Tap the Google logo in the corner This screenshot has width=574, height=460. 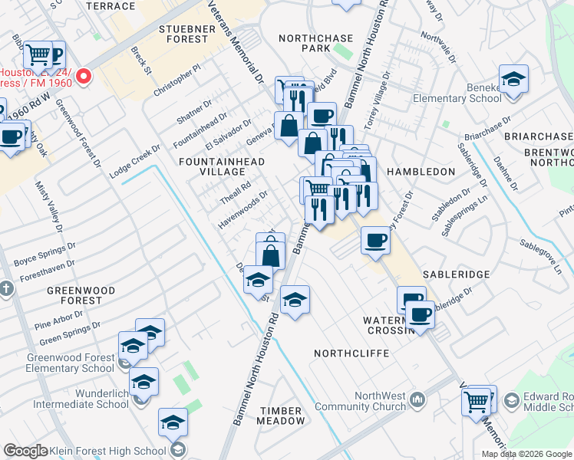25,452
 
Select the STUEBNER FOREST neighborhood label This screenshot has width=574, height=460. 173,33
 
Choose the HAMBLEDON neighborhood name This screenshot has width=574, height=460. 421,172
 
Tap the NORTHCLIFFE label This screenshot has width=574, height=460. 351,353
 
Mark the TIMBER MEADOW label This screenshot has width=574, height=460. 281,416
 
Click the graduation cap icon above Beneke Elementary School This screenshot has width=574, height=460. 513,79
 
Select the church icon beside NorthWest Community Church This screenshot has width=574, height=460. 417,399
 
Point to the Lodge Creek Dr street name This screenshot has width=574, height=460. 134,162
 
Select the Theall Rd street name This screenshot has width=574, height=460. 236,188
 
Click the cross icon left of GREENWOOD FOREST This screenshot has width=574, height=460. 6,288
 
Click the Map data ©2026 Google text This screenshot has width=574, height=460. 526,454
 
